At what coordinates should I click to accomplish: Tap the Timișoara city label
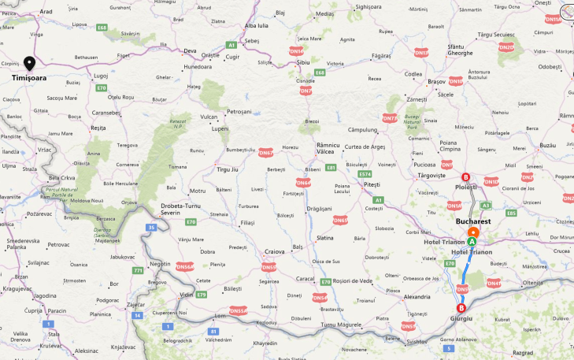coord(28,78)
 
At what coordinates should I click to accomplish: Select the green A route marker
coord(472,242)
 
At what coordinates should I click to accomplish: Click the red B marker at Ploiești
coord(465,177)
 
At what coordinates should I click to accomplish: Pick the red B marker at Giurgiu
coord(461,308)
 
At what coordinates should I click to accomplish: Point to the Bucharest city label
coord(472,222)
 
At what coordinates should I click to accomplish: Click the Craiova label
coord(274,251)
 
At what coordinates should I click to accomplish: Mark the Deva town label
coord(190,50)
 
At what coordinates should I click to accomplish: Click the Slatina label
coord(324,237)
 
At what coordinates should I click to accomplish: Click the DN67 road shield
coord(265,153)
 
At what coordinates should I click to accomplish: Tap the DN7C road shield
coord(389,118)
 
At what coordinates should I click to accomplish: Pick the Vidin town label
coord(187,294)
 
